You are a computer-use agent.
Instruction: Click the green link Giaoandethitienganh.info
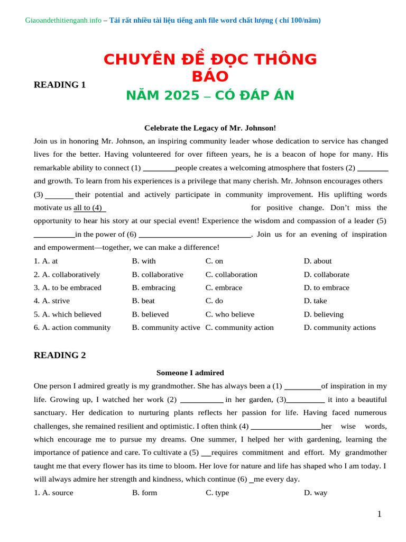(63, 21)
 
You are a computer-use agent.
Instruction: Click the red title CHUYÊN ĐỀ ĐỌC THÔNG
(210, 59)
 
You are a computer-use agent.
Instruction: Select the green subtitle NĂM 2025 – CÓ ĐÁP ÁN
(210, 96)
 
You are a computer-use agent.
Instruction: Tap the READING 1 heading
(60, 85)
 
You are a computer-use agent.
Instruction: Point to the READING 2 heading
(60, 356)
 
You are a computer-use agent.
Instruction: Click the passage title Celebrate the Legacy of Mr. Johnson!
(210, 128)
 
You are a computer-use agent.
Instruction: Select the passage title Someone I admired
(190, 373)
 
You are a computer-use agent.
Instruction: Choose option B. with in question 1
(144, 261)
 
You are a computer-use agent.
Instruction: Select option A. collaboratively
(67, 275)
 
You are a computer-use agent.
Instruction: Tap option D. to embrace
(326, 288)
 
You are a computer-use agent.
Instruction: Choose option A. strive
(52, 301)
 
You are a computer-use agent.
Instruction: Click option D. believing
(324, 314)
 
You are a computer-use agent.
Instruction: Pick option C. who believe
(230, 314)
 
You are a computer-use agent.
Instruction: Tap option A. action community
(72, 328)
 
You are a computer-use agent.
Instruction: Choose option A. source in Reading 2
(53, 493)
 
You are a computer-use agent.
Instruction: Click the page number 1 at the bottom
(379, 514)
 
